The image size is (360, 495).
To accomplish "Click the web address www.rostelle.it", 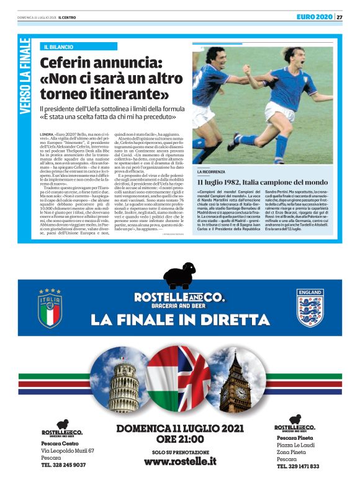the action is pos(179,461).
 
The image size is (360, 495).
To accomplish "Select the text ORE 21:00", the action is pos(179,439).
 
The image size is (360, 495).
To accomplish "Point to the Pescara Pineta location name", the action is pos(295,438).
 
